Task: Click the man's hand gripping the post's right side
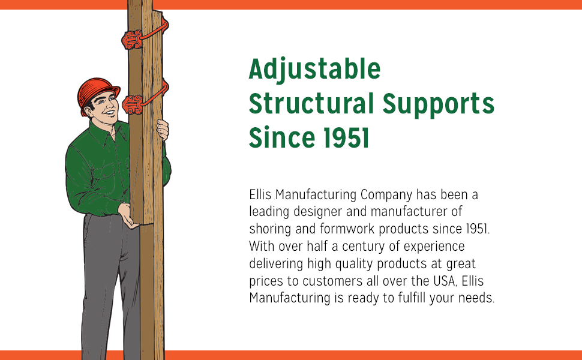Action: (x=163, y=129)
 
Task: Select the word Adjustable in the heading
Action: (x=314, y=70)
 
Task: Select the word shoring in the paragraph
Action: (x=269, y=230)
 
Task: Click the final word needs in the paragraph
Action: (x=478, y=299)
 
